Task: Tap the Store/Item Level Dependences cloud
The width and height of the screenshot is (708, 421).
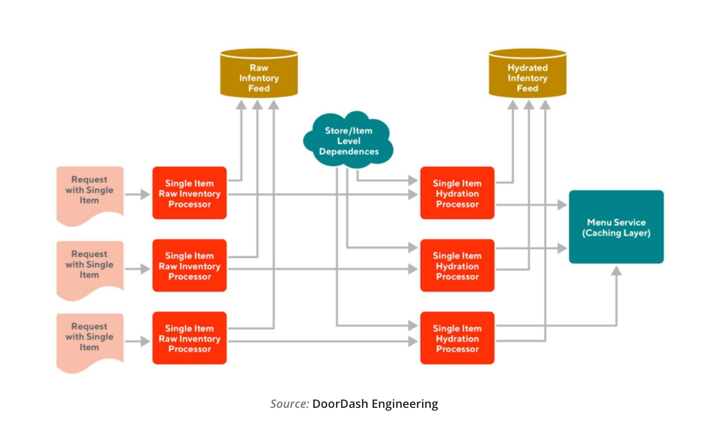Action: click(349, 141)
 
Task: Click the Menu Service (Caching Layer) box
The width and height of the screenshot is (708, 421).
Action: click(616, 227)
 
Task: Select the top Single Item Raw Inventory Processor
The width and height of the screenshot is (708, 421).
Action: click(190, 193)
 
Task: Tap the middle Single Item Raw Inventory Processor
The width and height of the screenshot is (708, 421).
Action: click(190, 266)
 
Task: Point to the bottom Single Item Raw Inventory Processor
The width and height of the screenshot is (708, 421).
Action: click(190, 338)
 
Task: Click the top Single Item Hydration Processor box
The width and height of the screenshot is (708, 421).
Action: click(457, 193)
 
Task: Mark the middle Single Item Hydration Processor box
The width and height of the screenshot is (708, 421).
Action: click(457, 266)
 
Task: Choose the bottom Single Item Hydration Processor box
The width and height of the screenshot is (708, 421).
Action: click(457, 338)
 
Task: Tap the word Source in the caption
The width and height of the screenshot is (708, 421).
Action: click(289, 404)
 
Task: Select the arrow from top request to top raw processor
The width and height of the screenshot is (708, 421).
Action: click(138, 194)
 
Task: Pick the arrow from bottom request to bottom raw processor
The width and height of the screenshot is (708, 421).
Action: click(138, 341)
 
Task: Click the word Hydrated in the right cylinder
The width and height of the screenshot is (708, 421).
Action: click(528, 68)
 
